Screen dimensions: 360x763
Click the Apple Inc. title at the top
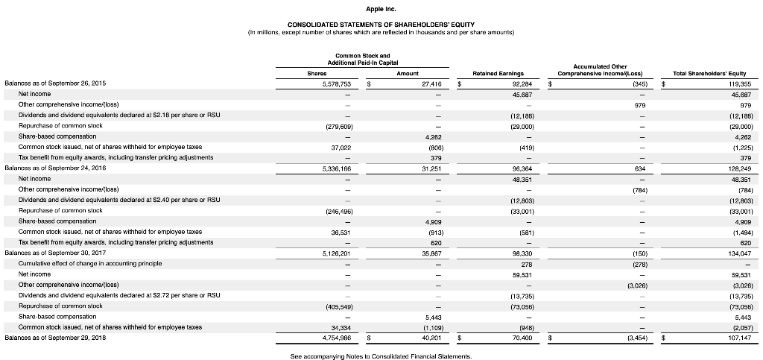coord(381,9)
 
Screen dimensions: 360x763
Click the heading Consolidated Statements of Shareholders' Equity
coord(381,25)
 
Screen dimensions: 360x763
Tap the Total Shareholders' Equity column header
coord(705,74)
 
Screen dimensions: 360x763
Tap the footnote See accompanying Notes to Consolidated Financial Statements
coord(381,356)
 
